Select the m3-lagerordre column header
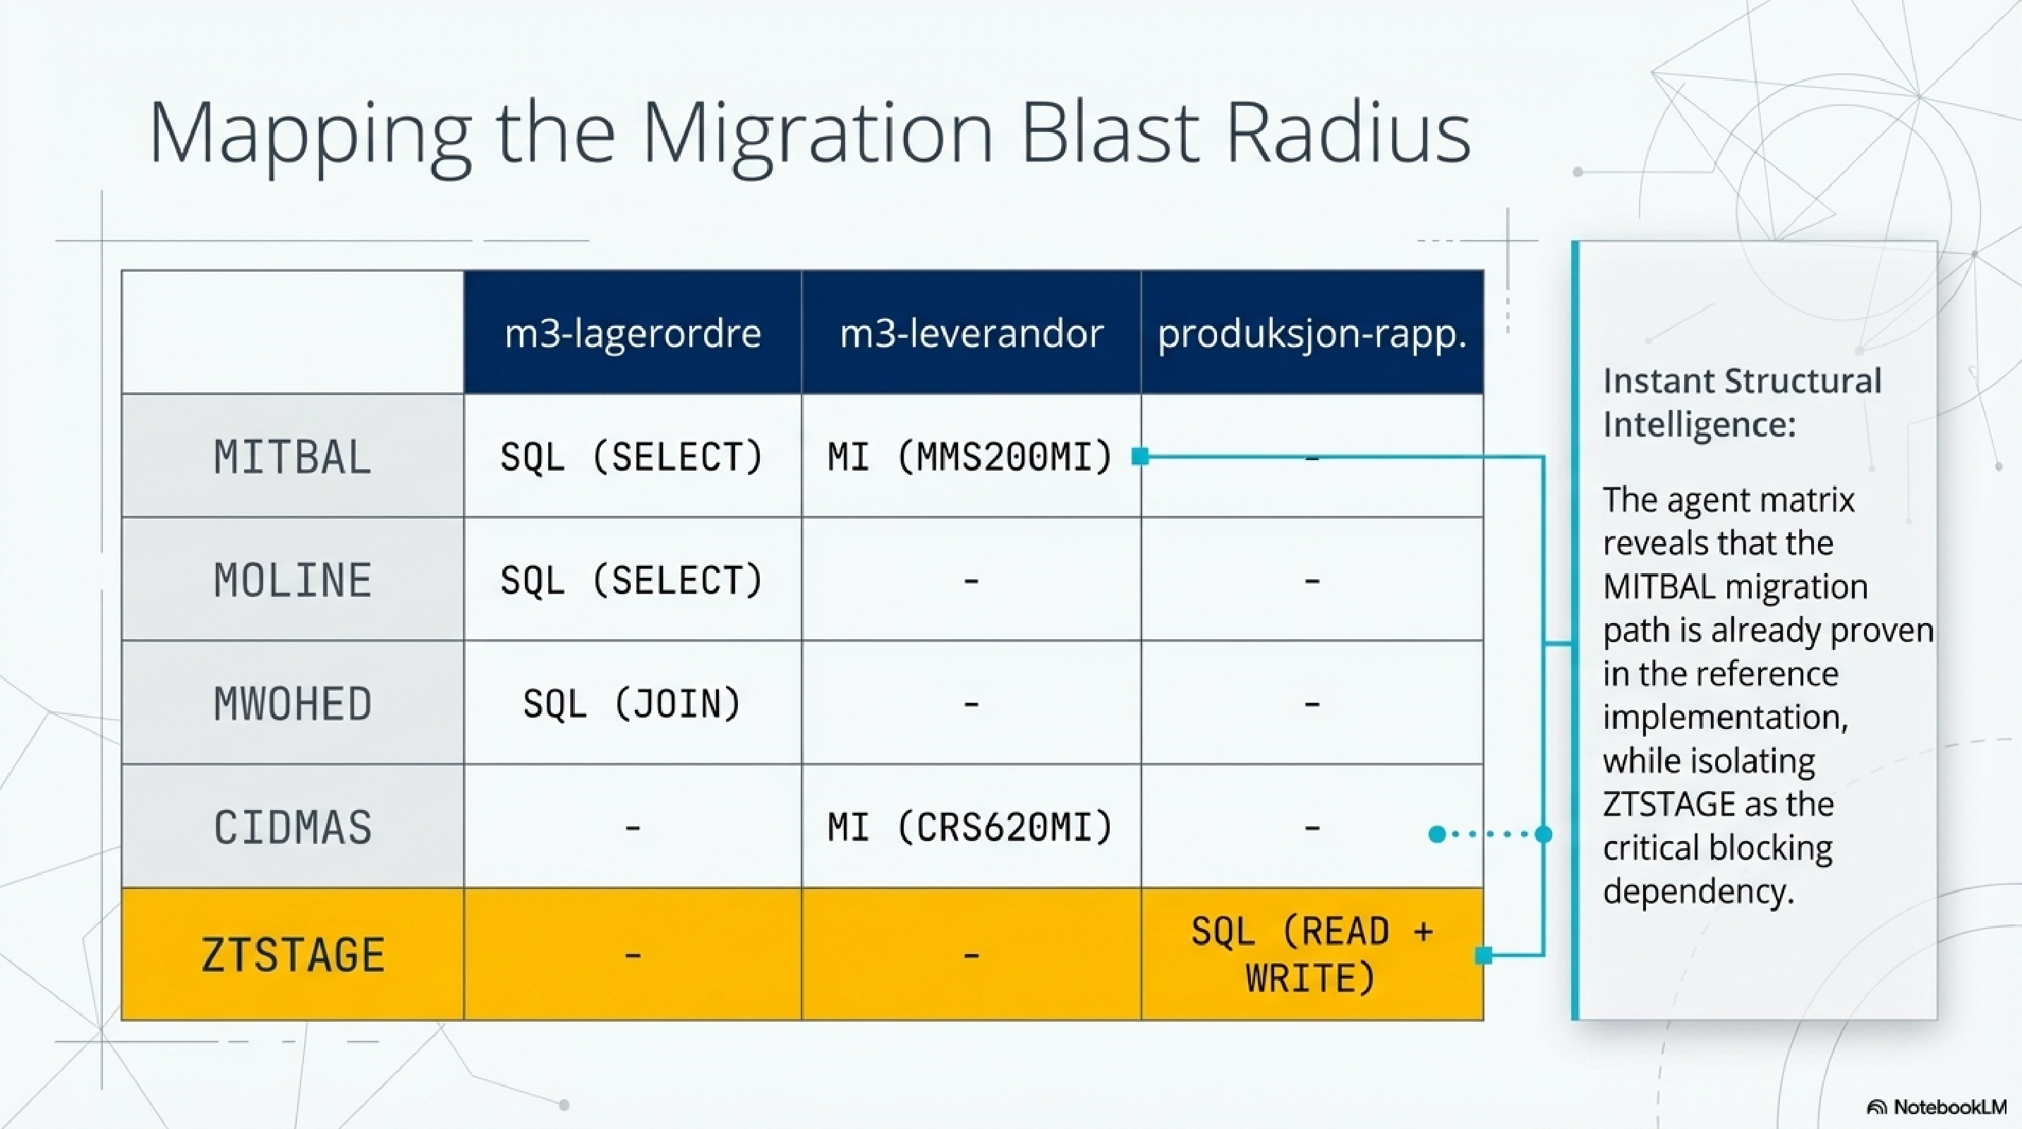[x=633, y=334]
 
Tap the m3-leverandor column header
[x=971, y=334]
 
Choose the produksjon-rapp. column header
[x=1312, y=334]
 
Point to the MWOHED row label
[x=293, y=704]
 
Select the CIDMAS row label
[x=293, y=827]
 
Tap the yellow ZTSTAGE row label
[x=293, y=955]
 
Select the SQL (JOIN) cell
[x=633, y=704]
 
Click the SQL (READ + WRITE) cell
[x=1312, y=955]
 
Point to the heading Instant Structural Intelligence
[x=1741, y=403]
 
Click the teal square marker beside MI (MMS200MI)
[x=1141, y=456]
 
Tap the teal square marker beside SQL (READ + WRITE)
[x=1484, y=955]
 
